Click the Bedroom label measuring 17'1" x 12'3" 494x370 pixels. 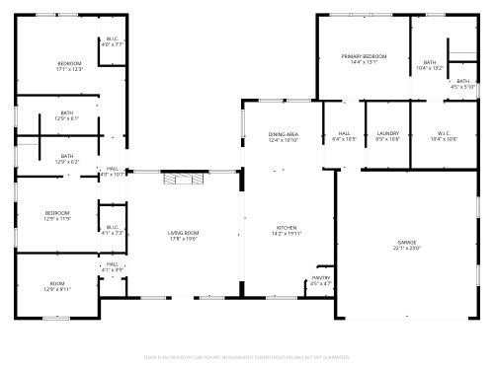69,66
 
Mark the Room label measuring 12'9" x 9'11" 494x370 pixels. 57,286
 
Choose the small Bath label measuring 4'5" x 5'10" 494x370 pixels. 462,84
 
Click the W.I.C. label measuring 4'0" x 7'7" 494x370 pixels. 113,42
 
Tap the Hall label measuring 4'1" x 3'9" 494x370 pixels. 113,266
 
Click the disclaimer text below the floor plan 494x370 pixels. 247,356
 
